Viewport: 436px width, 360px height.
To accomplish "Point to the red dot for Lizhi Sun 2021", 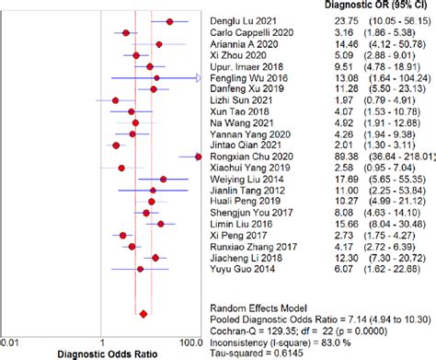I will point(115,100).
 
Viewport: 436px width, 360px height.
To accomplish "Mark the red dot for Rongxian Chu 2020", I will point(196,157).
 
